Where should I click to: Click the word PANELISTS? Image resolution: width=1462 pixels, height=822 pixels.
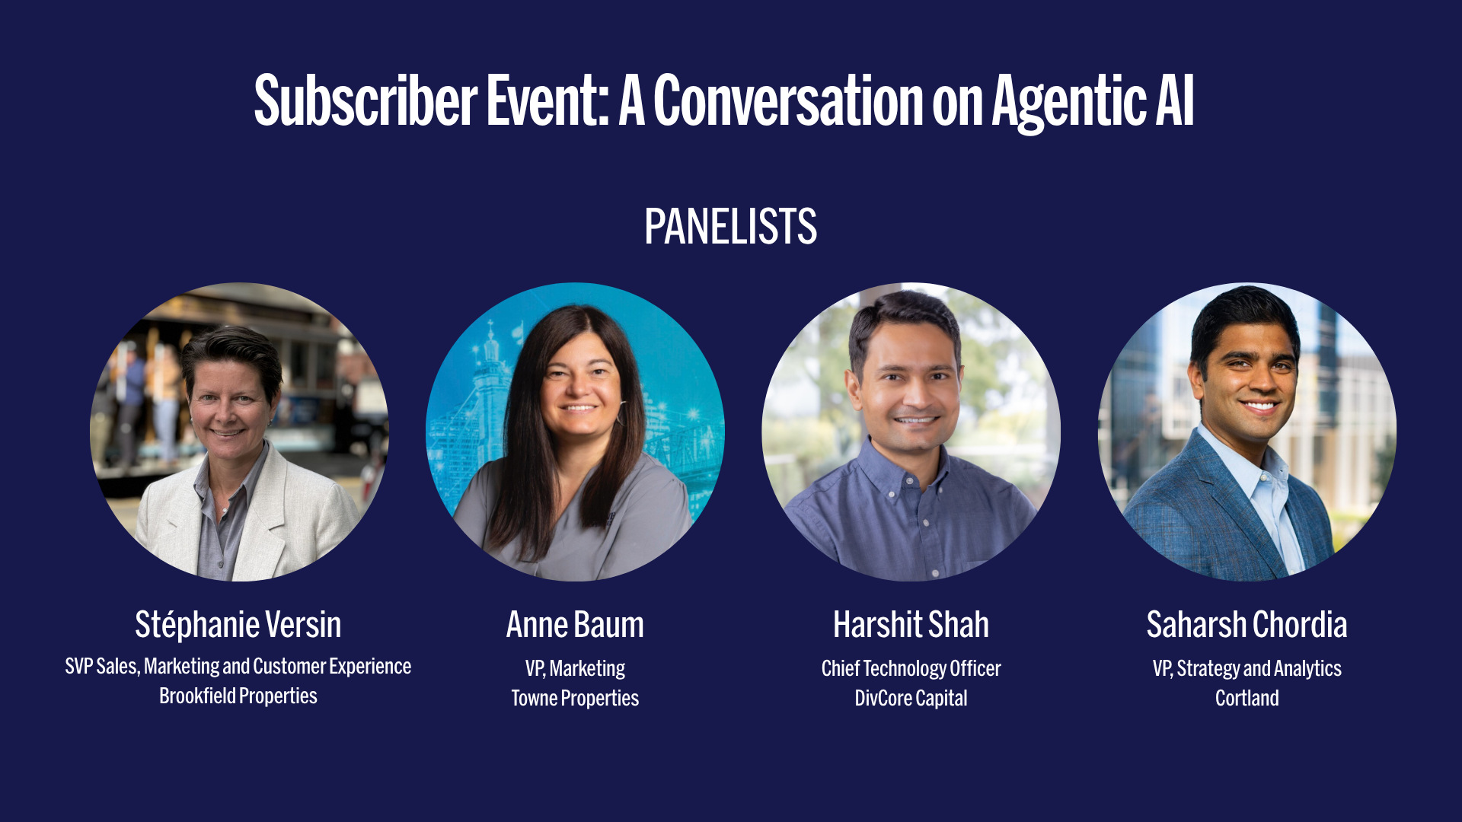pos(730,227)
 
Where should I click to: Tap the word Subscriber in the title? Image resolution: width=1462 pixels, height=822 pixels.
pos(365,100)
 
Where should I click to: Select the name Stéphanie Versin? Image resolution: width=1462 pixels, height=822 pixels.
pos(238,625)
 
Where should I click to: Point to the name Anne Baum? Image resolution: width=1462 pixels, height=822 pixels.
pos(575,625)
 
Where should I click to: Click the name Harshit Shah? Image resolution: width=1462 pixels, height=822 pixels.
pos(911,625)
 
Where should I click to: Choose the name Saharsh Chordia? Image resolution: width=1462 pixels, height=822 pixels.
pos(1247,625)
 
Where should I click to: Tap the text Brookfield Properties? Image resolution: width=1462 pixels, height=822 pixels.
pos(238,696)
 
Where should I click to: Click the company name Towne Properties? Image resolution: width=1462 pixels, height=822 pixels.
pos(575,698)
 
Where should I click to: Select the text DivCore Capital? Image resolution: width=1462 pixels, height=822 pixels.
pos(911,698)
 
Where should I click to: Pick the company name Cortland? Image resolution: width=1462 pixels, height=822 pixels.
pos(1247,698)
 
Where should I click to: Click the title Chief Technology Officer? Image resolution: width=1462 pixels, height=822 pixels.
pos(911,668)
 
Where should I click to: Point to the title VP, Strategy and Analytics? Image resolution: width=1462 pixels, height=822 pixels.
pos(1247,668)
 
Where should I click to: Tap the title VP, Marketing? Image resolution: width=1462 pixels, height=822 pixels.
pos(575,668)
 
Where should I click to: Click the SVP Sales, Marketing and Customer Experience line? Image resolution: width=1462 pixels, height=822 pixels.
pos(238,666)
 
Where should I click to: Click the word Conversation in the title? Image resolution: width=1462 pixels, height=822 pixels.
pos(788,100)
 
